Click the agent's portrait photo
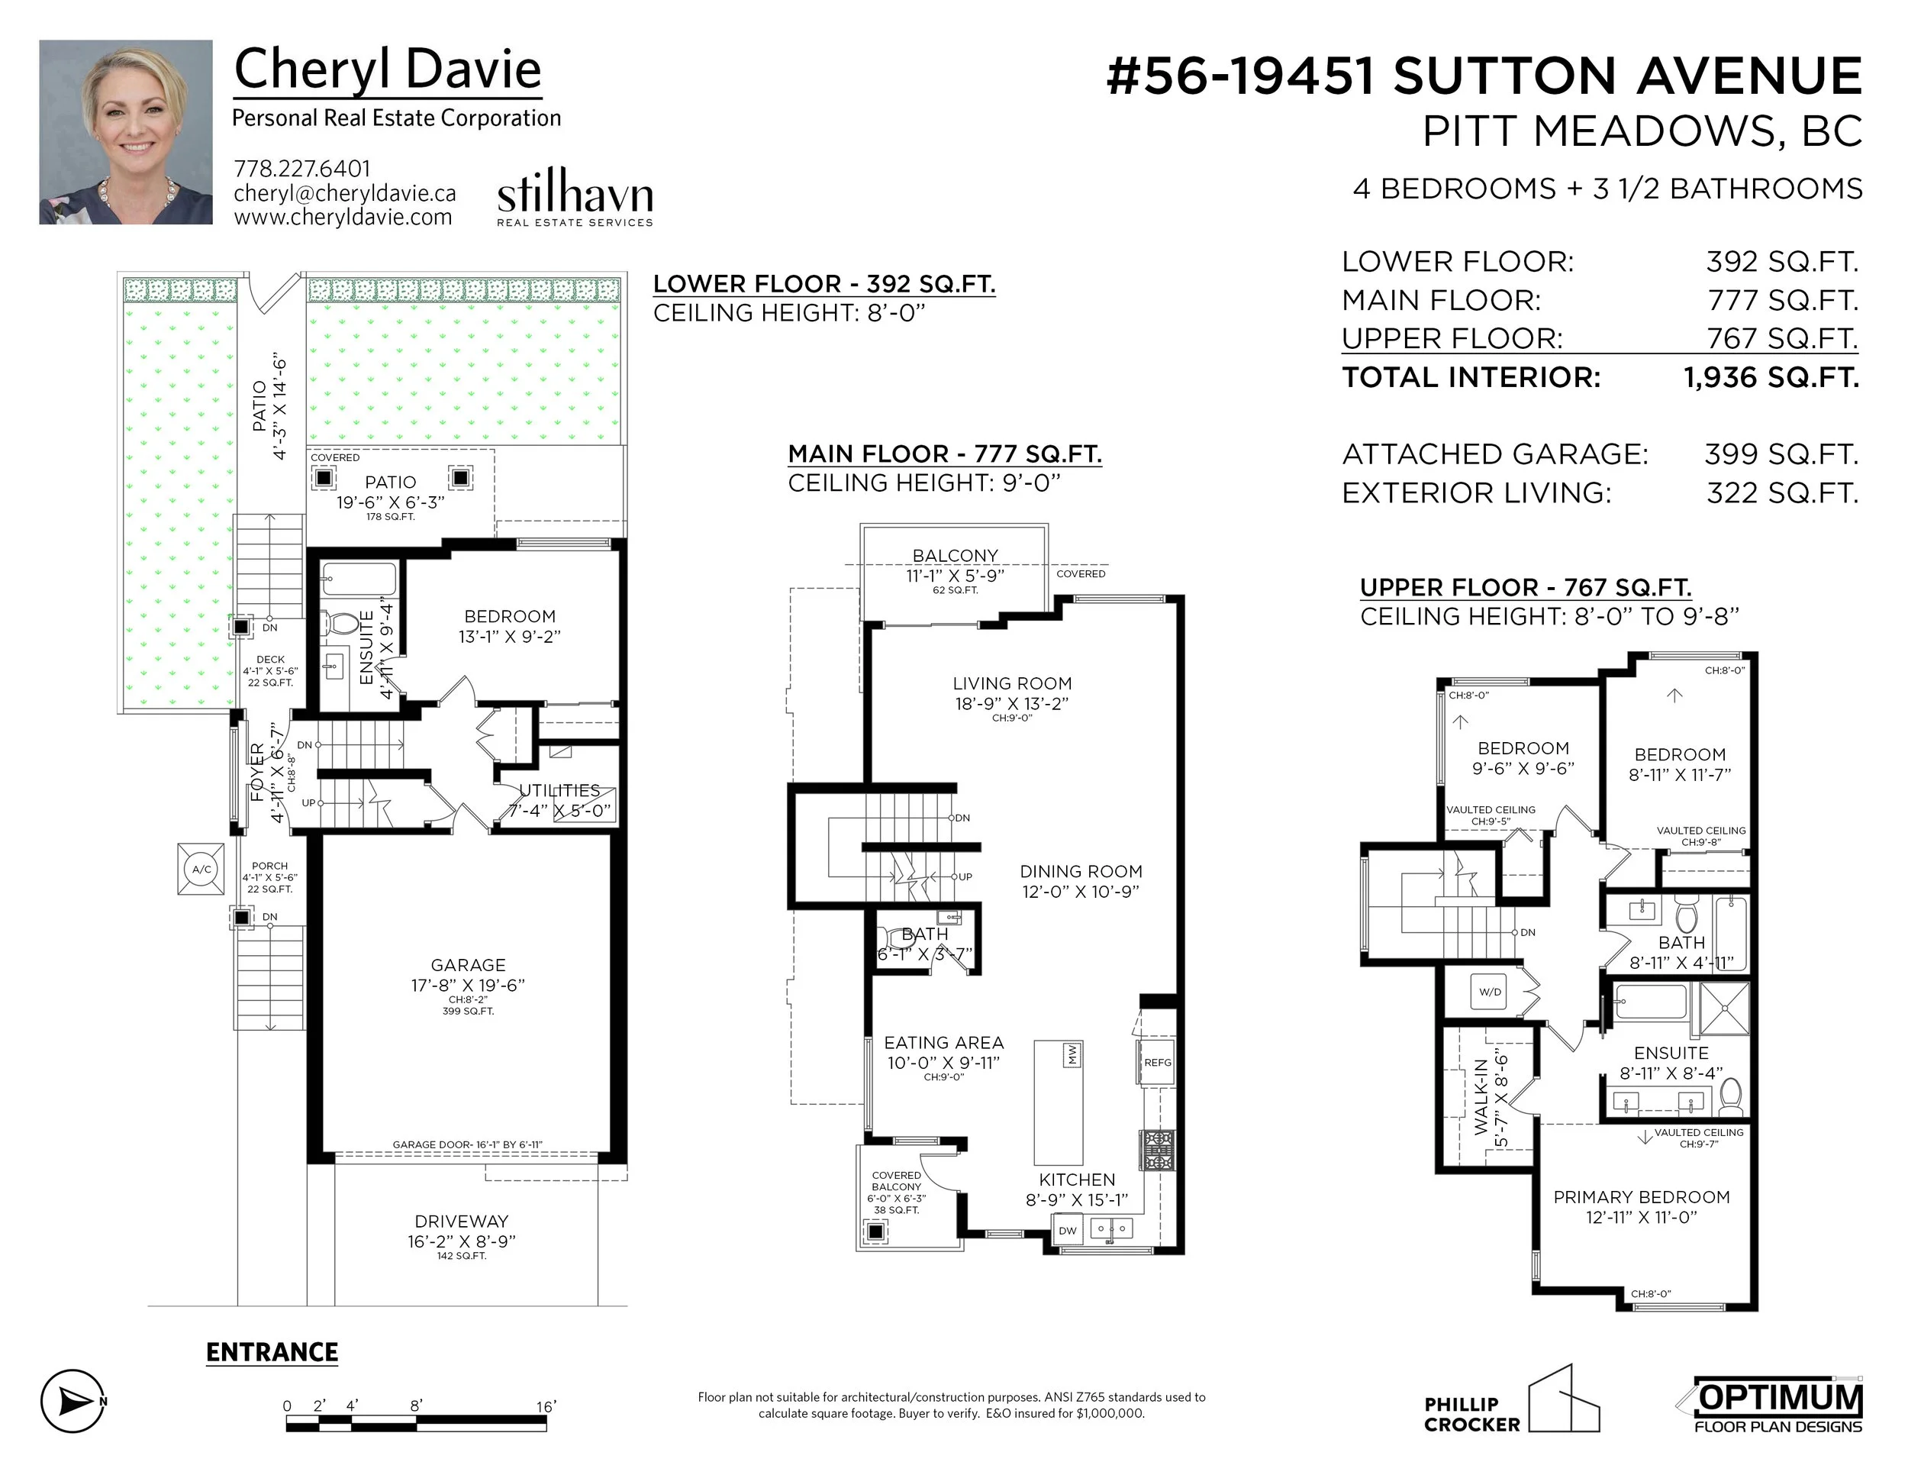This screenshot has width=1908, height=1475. (x=126, y=132)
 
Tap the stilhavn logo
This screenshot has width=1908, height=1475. (x=575, y=198)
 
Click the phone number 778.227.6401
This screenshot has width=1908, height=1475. (x=302, y=169)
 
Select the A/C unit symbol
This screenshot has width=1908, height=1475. (x=201, y=869)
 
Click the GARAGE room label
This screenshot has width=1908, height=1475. (x=469, y=965)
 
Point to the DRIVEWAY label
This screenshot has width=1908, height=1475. (x=461, y=1221)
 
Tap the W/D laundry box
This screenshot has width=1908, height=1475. (x=1491, y=992)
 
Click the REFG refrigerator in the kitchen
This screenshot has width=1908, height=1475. (x=1157, y=1063)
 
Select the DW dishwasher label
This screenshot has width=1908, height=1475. (x=1068, y=1231)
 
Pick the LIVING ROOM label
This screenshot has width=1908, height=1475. (x=1012, y=683)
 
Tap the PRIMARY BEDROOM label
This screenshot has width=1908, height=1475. (x=1642, y=1197)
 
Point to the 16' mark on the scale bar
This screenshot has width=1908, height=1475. (x=546, y=1406)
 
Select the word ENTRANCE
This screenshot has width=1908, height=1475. (x=272, y=1353)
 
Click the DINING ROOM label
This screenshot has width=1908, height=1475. (x=1081, y=871)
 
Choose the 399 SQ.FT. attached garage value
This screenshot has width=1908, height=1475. (x=1781, y=454)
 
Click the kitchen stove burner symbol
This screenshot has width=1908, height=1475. (x=1158, y=1150)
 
